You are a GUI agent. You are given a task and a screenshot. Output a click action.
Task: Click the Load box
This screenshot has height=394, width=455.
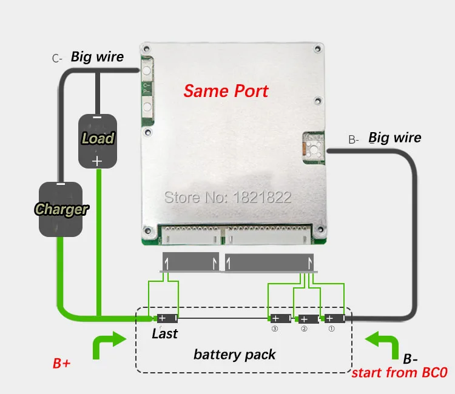(97, 139)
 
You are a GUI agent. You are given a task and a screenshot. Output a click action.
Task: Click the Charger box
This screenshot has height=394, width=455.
(61, 209)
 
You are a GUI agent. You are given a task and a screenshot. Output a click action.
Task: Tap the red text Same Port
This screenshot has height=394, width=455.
(226, 92)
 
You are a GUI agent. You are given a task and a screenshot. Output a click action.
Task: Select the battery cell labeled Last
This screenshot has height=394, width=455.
(166, 318)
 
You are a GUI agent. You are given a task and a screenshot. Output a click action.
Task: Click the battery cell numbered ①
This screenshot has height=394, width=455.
(334, 318)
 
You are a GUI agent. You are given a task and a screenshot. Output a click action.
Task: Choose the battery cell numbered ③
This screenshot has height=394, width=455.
(280, 318)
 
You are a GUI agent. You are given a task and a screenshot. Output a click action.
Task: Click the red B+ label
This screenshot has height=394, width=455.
(62, 364)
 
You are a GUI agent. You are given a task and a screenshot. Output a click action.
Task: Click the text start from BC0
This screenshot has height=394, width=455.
(399, 372)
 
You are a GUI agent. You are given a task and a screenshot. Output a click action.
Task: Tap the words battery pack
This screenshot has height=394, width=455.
(234, 354)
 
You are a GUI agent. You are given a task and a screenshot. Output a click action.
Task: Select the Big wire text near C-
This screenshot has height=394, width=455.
(97, 57)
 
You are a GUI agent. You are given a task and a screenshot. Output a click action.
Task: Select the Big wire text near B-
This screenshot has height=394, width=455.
(394, 138)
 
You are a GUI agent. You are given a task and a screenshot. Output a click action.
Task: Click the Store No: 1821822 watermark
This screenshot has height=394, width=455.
(228, 197)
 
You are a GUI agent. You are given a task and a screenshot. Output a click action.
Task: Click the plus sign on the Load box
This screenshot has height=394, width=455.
(96, 161)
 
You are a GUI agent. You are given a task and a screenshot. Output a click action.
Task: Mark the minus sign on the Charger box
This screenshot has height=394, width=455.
(60, 184)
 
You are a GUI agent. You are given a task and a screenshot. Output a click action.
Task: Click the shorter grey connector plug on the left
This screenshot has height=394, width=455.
(190, 263)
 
